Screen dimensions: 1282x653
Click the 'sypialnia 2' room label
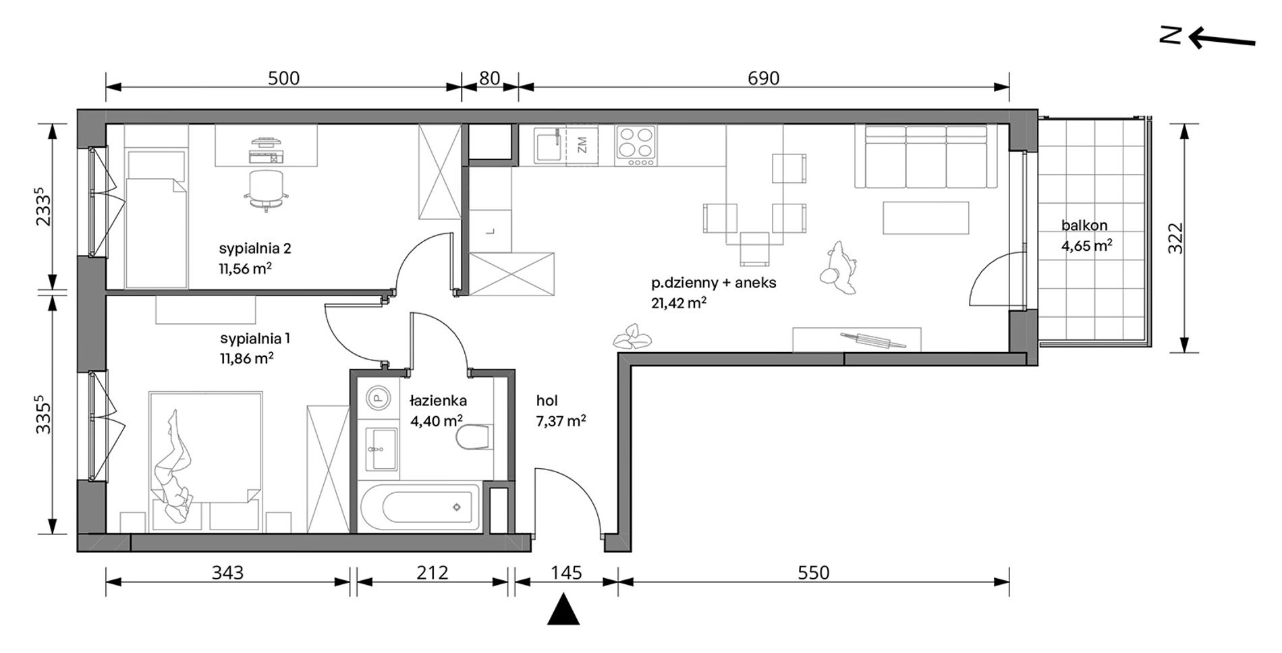pyautogui.click(x=255, y=248)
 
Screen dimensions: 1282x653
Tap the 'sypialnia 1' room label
pyautogui.click(x=254, y=338)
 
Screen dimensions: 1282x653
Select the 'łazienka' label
pyautogui.click(x=438, y=401)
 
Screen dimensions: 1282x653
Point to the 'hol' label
pyautogui.click(x=547, y=401)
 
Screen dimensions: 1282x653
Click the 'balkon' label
pyautogui.click(x=1084, y=225)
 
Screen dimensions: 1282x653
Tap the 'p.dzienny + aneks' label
pyautogui.click(x=714, y=283)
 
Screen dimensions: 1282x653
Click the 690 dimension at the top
pyautogui.click(x=763, y=78)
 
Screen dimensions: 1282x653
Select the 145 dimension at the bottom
pyautogui.click(x=565, y=573)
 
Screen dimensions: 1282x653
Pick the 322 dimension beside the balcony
pyautogui.click(x=1175, y=238)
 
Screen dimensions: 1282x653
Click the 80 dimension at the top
pyautogui.click(x=489, y=78)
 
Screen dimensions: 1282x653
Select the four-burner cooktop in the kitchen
pyautogui.click(x=636, y=146)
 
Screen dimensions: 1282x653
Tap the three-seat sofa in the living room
pyautogui.click(x=926, y=155)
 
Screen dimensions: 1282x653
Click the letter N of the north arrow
pyautogui.click(x=1170, y=36)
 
